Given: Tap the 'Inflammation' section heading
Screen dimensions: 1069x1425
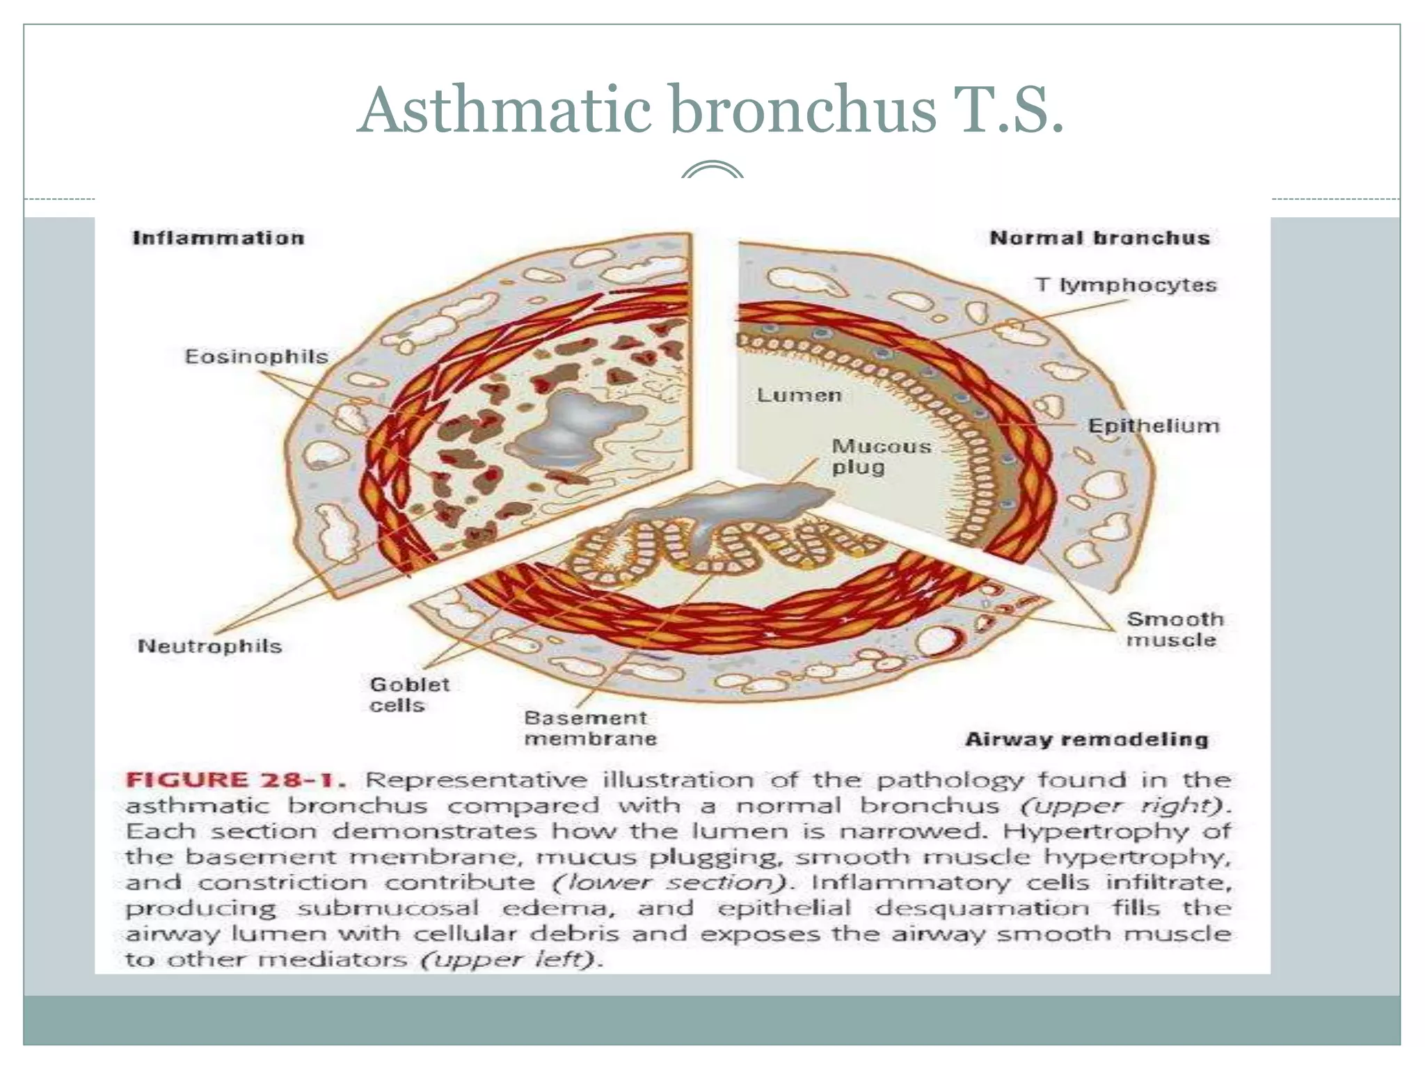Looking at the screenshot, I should click(x=218, y=238).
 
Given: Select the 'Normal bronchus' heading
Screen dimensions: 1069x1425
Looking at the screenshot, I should click(x=1099, y=238).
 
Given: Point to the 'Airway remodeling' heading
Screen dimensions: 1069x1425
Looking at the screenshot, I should click(x=1086, y=739).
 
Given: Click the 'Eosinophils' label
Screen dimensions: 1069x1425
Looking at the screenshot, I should click(x=256, y=357).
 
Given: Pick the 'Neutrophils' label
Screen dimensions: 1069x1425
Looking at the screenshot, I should click(x=209, y=646).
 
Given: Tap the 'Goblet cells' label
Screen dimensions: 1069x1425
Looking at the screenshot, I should click(x=409, y=695).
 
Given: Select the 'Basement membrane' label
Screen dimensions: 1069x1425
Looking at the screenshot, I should click(x=590, y=728).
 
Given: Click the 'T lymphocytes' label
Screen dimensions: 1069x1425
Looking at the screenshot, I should click(x=1125, y=285).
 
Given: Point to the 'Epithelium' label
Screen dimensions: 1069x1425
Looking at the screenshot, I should click(x=1153, y=426).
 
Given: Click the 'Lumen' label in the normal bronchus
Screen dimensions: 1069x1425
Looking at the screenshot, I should click(x=799, y=395).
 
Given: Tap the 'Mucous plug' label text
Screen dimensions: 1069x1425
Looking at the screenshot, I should click(x=881, y=456).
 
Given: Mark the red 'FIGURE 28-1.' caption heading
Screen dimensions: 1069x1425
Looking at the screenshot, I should click(x=235, y=779).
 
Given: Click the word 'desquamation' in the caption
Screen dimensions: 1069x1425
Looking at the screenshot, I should click(x=982, y=908).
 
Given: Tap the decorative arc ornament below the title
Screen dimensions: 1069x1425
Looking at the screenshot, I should click(x=712, y=171).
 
